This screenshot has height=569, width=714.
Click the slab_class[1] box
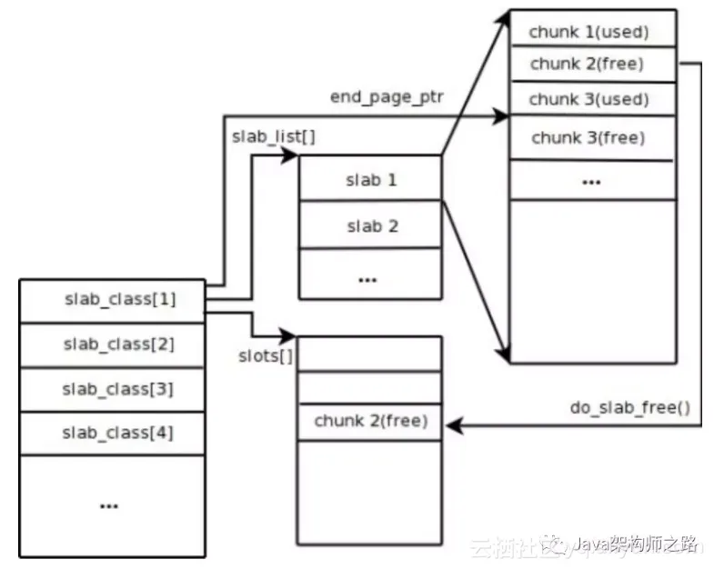coord(113,300)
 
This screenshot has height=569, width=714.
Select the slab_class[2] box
coord(113,344)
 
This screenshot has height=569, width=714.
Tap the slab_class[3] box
coord(113,389)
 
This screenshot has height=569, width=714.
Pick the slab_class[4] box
coord(113,434)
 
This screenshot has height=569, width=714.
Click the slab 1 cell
coord(371,179)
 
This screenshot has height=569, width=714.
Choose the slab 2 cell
coord(371,225)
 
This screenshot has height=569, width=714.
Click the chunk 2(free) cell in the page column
coord(591,64)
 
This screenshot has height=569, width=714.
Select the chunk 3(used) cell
coord(591,98)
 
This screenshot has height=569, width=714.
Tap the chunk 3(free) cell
coord(591,138)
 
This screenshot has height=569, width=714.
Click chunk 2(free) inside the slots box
coord(370,422)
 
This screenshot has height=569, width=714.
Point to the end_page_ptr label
coord(387,95)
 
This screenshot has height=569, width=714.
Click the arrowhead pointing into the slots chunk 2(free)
coord(453,424)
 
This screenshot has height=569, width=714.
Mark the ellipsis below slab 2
coord(368,277)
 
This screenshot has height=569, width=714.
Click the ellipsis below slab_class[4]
coord(110,504)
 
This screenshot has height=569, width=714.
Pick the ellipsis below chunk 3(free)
coord(591,181)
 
